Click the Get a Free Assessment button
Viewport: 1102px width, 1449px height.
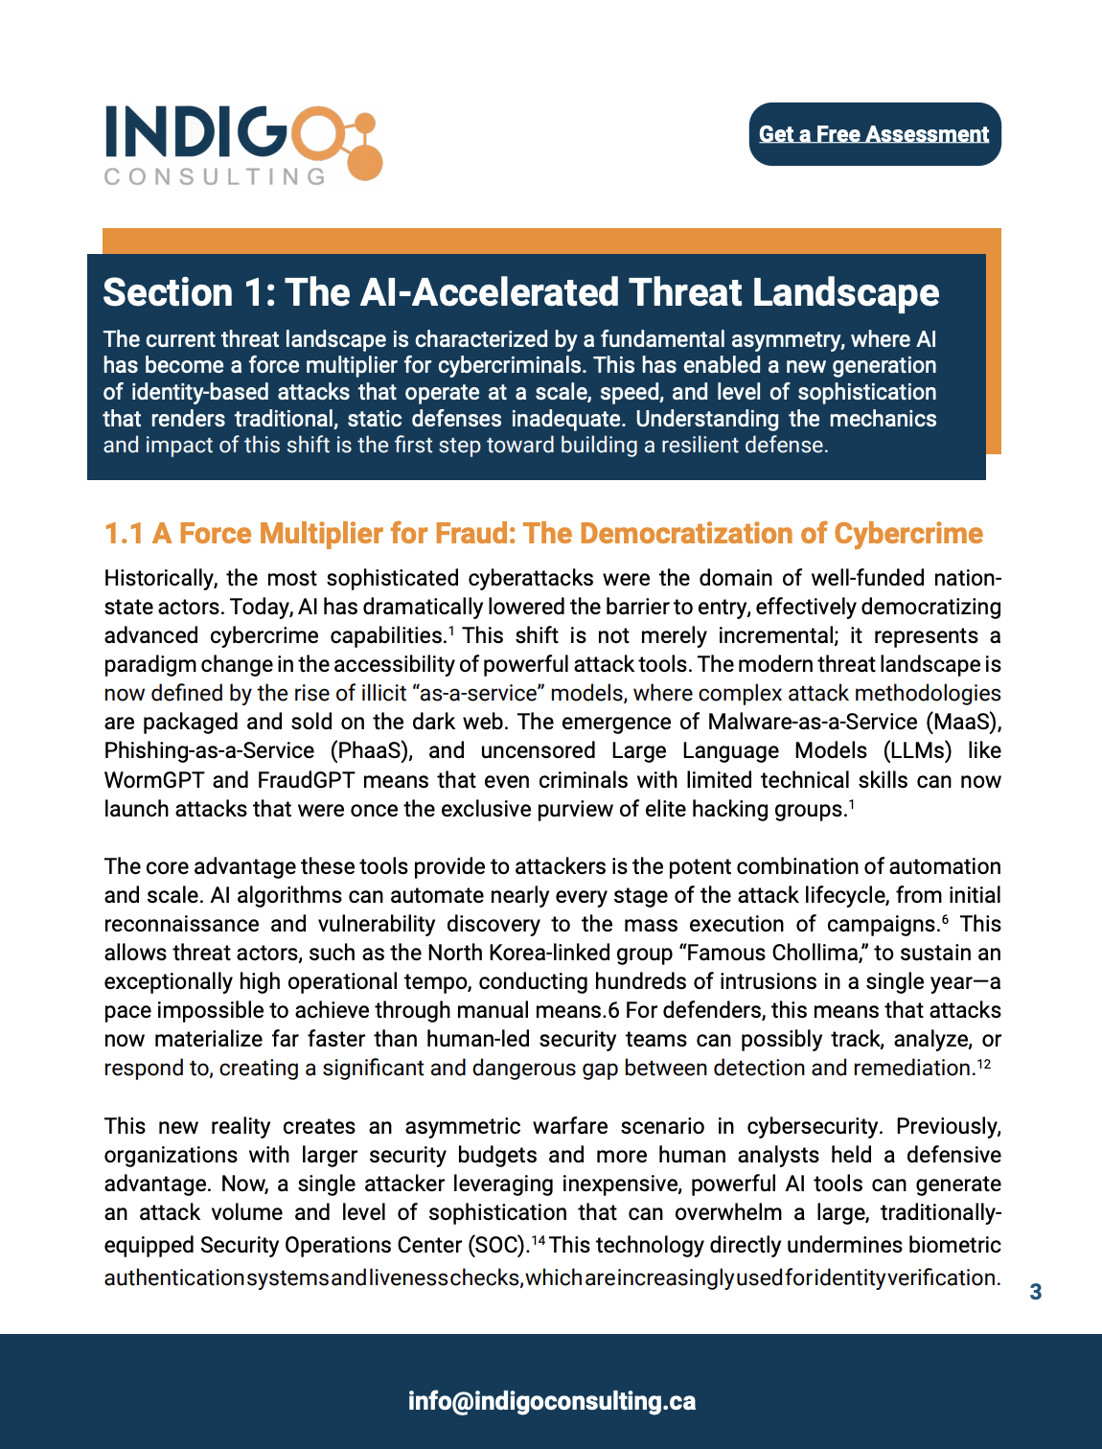[x=874, y=134]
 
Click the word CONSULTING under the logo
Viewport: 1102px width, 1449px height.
[x=215, y=176]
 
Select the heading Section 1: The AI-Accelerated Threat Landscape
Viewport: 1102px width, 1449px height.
[x=520, y=292]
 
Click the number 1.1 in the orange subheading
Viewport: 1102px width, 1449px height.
[x=123, y=534]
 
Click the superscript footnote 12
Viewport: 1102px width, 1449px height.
[x=983, y=1064]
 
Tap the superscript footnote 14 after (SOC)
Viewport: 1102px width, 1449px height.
[x=539, y=1241]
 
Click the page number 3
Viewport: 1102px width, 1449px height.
[x=1035, y=1292]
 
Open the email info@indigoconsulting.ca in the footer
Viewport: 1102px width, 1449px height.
[x=551, y=1401]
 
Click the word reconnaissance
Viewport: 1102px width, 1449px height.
[x=181, y=924]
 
